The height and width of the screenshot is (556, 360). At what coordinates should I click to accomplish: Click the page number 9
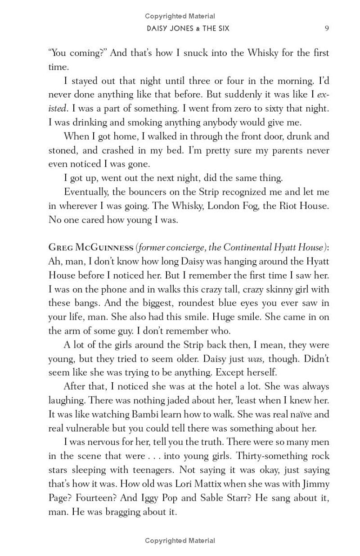327,28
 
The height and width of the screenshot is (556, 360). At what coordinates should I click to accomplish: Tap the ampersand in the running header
191,29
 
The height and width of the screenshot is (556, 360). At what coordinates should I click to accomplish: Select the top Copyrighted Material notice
180,16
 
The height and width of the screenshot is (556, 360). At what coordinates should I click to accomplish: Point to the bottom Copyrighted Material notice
180,541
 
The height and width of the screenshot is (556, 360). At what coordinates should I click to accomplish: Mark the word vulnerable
88,428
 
